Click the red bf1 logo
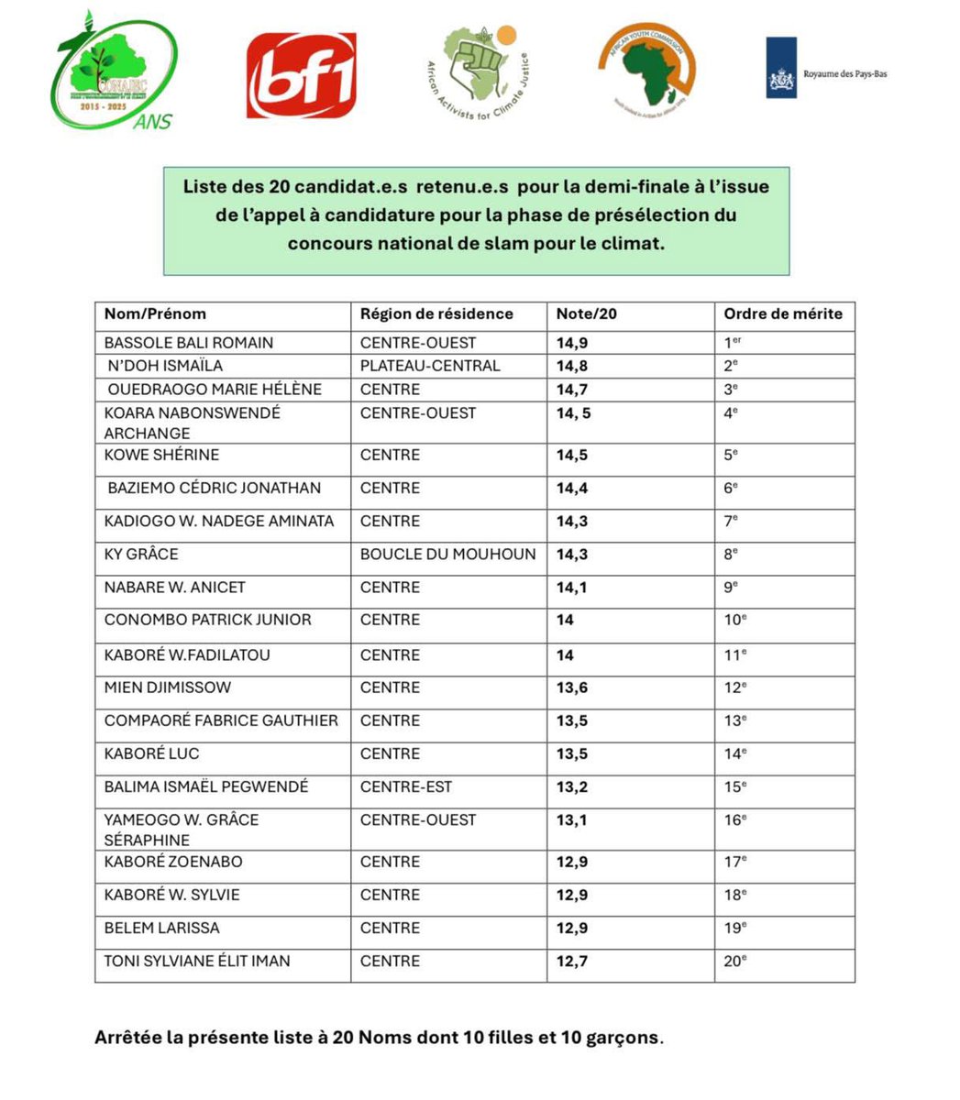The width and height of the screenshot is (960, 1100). (301, 75)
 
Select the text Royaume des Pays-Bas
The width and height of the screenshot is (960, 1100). (844, 73)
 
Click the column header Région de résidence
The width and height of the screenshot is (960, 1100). (436, 313)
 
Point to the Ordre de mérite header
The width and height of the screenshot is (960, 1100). (782, 313)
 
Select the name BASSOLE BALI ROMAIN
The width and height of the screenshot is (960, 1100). (189, 343)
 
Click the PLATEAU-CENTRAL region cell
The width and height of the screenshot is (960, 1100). (430, 366)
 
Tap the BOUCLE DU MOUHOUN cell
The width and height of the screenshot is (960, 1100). (447, 554)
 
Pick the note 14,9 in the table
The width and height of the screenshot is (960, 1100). (572, 343)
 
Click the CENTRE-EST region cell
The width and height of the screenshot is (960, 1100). (406, 786)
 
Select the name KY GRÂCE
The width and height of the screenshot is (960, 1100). (141, 554)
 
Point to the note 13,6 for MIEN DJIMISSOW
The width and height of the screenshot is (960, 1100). (572, 687)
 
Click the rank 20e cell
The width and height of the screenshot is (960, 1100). (735, 961)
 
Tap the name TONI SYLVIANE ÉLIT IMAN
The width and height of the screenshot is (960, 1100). (197, 961)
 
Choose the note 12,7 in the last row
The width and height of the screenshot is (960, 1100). (572, 961)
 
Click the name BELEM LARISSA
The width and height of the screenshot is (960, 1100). (162, 928)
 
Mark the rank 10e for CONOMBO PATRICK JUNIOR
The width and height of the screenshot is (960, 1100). (735, 620)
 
